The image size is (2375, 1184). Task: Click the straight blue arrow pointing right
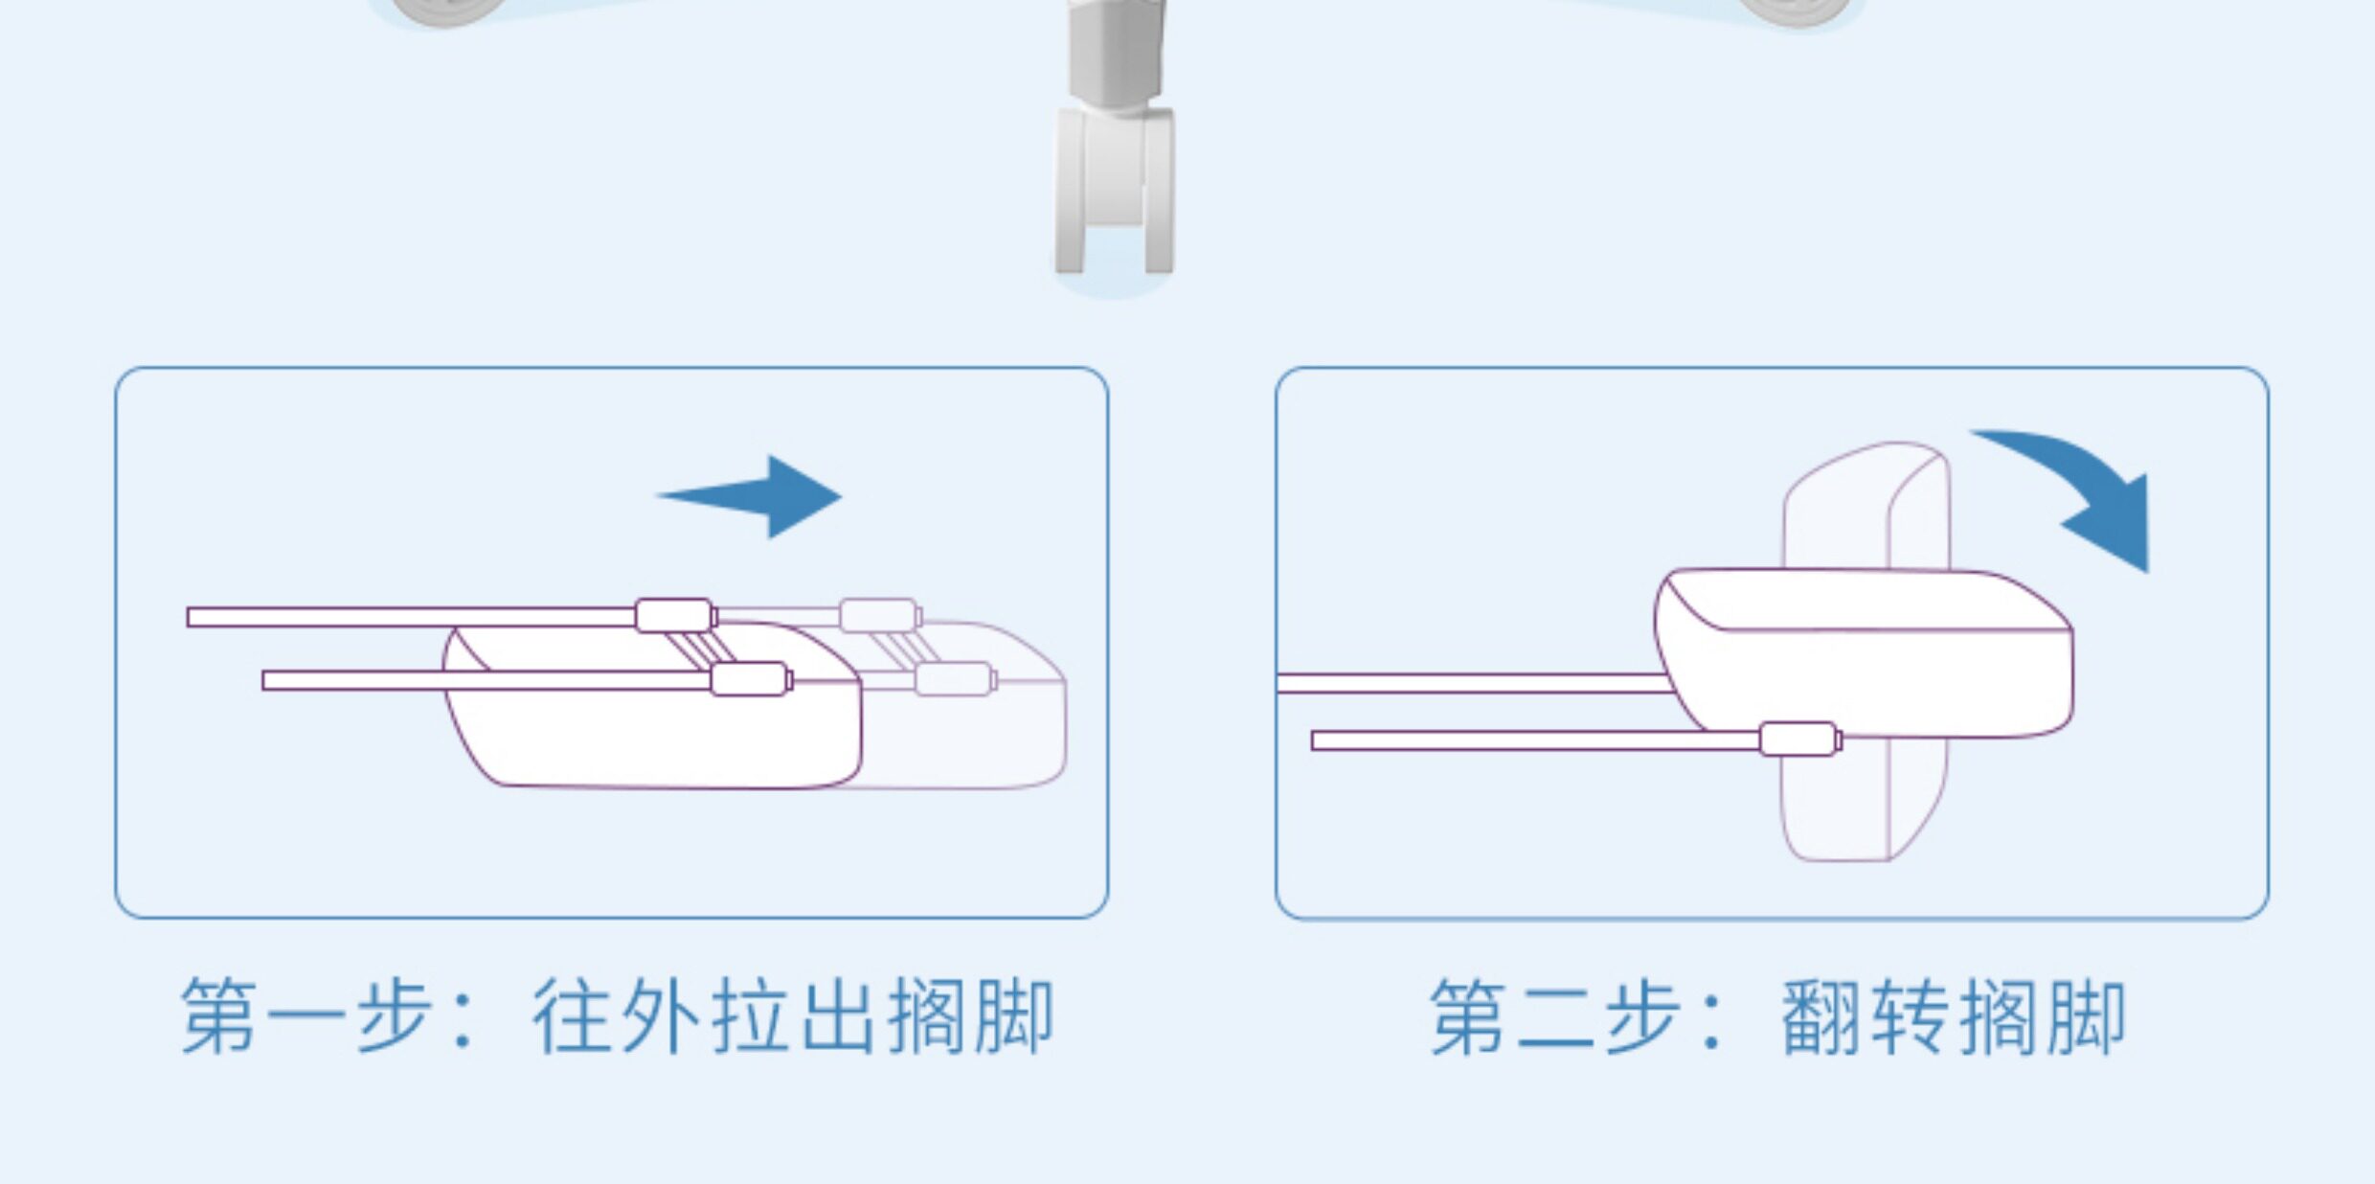pyautogui.click(x=757, y=496)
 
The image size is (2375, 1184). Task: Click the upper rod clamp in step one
pyautogui.click(x=674, y=615)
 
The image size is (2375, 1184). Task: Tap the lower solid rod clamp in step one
pyautogui.click(x=750, y=679)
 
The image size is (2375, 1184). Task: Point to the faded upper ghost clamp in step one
pyautogui.click(x=879, y=615)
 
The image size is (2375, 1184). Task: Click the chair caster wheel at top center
pyautogui.click(x=1115, y=192)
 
